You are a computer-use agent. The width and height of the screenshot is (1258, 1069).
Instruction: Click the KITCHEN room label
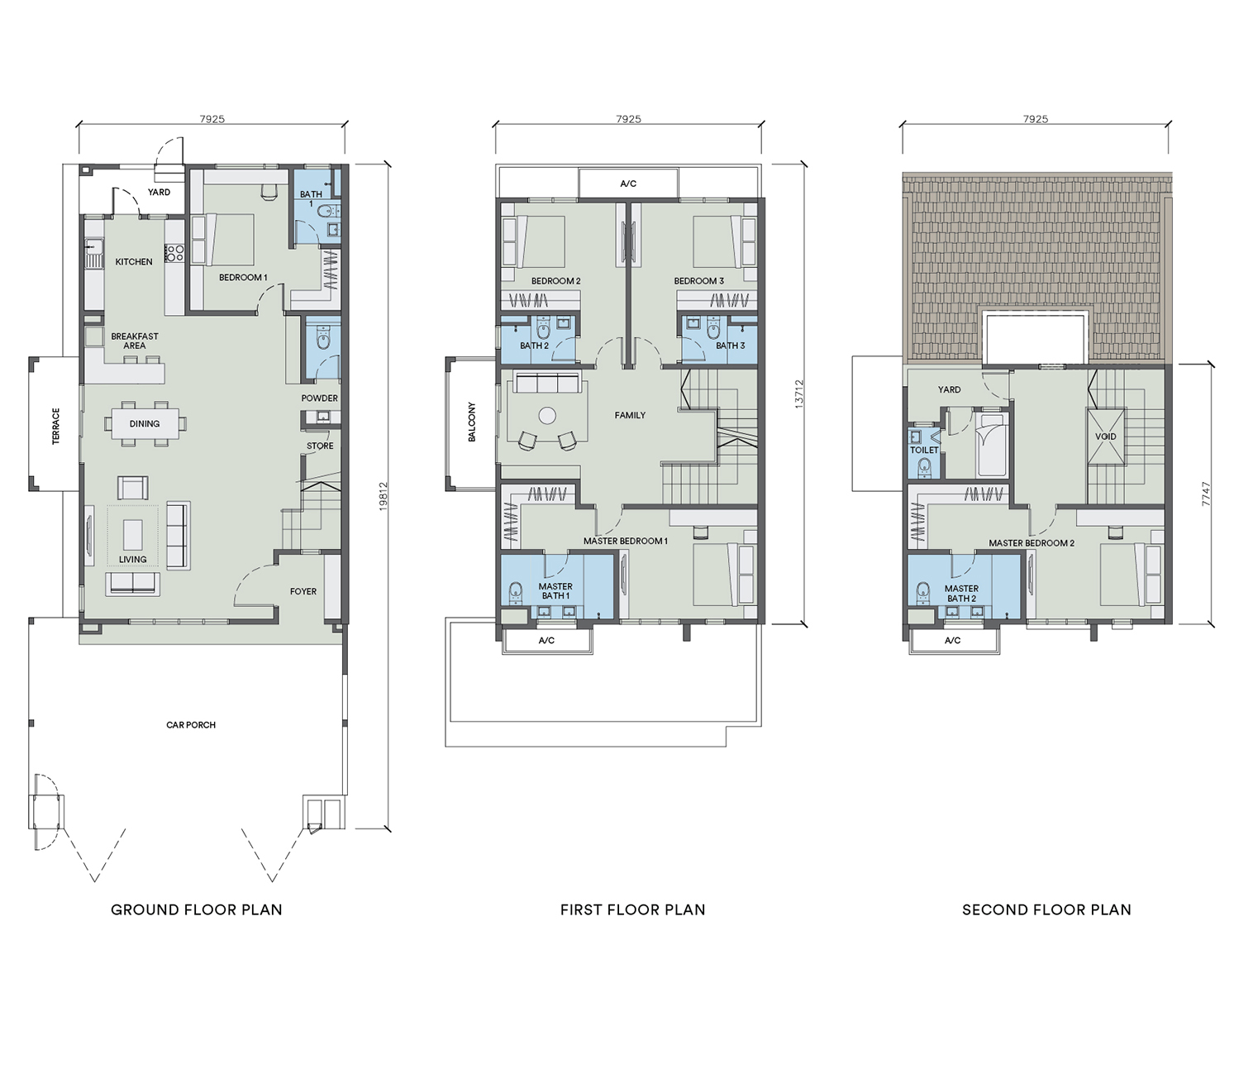(134, 262)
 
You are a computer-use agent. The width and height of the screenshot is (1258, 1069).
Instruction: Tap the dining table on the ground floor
(145, 423)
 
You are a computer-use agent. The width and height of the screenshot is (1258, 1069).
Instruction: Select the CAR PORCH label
(191, 725)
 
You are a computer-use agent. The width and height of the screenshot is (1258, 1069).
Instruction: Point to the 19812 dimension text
(383, 496)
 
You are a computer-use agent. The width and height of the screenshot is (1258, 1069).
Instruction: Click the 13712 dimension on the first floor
(800, 394)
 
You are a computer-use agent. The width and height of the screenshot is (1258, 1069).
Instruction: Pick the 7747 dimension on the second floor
(1206, 494)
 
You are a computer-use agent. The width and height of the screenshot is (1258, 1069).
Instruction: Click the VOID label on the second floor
(1106, 437)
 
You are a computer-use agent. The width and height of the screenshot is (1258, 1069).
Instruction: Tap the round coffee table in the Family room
(548, 416)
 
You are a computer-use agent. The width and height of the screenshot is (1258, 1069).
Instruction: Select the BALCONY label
(472, 422)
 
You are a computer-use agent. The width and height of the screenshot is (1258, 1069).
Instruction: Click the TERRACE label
(56, 426)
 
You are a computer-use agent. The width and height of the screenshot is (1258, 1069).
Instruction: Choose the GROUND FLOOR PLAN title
(197, 910)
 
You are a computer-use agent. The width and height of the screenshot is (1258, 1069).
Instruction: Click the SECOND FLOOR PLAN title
(1046, 910)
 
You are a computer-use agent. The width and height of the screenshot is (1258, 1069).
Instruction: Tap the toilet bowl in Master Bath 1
(516, 591)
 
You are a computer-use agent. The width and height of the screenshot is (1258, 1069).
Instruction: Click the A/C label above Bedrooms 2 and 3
(628, 184)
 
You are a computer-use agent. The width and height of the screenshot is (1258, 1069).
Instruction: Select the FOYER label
(303, 591)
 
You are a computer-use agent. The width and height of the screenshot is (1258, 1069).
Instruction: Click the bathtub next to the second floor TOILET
(992, 444)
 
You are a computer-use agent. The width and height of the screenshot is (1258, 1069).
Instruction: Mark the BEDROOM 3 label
(698, 281)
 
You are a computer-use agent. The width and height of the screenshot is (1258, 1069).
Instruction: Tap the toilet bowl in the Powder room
(323, 336)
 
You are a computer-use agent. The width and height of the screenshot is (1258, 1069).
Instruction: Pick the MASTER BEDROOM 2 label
(1032, 543)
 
